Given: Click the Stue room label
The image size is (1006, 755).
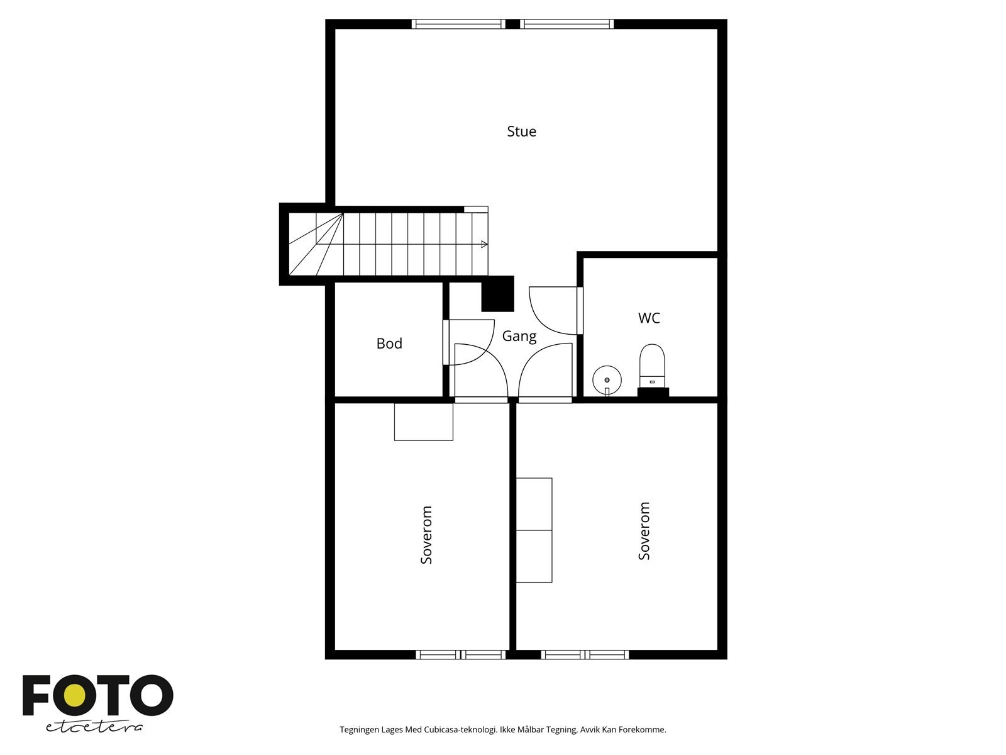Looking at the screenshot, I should (521, 131).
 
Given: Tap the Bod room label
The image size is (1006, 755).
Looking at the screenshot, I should (389, 344).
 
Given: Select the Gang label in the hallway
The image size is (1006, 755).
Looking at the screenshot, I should (519, 336).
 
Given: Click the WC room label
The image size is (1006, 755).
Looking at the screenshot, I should (649, 318).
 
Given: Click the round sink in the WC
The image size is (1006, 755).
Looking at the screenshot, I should (607, 379).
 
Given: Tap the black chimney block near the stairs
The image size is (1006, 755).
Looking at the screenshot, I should (498, 294).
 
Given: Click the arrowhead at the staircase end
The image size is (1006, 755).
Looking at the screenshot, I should (484, 244).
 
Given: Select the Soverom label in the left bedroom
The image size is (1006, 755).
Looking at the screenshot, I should (427, 534).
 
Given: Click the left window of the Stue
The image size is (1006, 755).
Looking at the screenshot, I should (458, 24).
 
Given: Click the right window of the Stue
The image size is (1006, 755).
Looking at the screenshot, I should (567, 24).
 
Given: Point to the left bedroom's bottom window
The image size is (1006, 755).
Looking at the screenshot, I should (461, 655).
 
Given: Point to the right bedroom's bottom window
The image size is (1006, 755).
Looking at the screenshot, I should (585, 655).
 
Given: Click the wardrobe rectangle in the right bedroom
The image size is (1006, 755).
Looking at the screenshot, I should (534, 530).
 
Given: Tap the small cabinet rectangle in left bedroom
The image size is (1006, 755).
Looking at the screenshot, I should (423, 422).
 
